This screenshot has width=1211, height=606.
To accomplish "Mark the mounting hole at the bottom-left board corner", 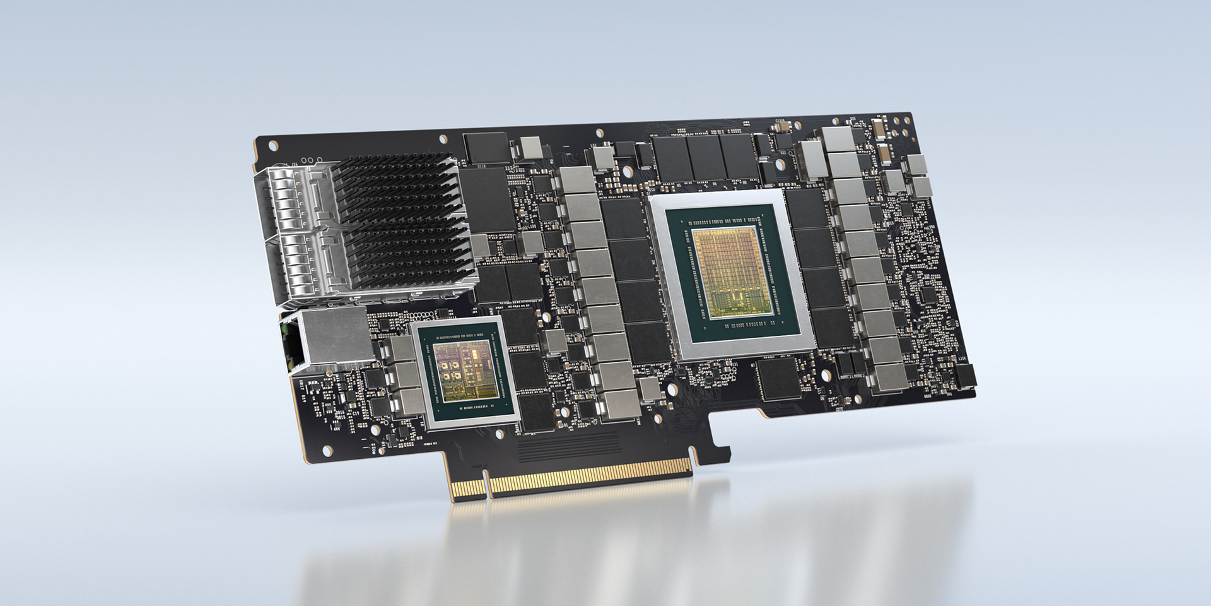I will pos(326,450).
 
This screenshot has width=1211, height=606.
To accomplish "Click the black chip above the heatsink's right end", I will pos(485,146).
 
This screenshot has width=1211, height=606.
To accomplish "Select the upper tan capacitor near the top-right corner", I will pos(879,131).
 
